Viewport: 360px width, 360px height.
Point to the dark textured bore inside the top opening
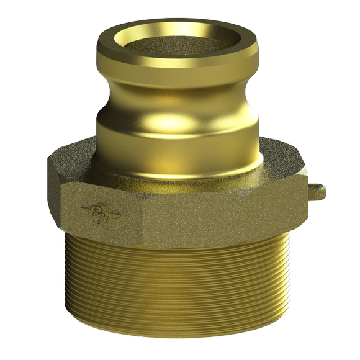tap(176, 43)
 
